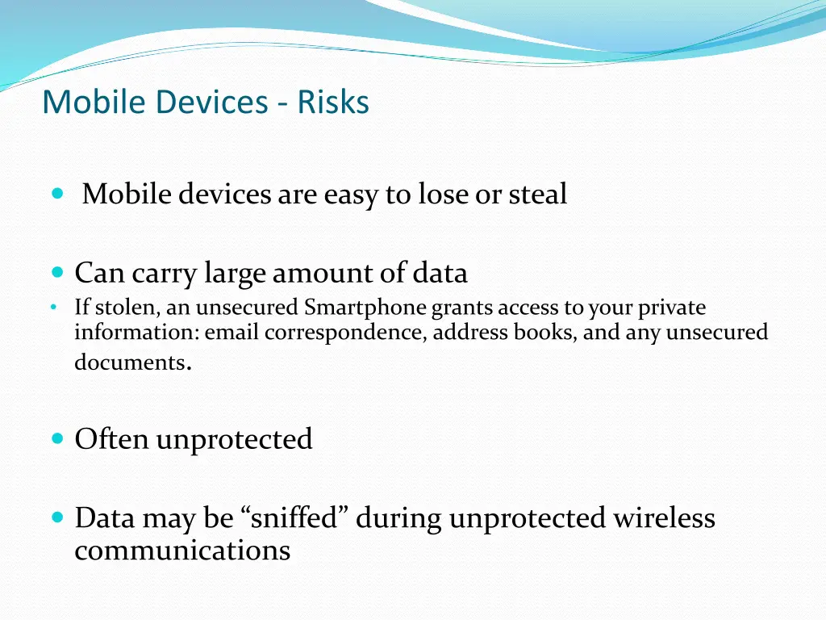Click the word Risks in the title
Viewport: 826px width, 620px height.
pos(332,103)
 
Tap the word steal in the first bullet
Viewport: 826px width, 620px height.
pos(537,194)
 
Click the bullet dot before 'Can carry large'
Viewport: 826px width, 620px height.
pos(56,273)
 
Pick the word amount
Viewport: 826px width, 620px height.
pos(320,274)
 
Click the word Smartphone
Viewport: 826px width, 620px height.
pos(366,308)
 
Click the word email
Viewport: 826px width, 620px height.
pos(231,332)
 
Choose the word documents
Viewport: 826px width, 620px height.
pos(129,362)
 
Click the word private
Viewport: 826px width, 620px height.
pos(672,308)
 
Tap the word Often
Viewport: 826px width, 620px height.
pos(111,439)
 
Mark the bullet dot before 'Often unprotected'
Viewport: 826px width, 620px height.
pos(56,438)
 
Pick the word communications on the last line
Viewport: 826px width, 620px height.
pos(182,551)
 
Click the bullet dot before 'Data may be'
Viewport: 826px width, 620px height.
pos(56,517)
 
